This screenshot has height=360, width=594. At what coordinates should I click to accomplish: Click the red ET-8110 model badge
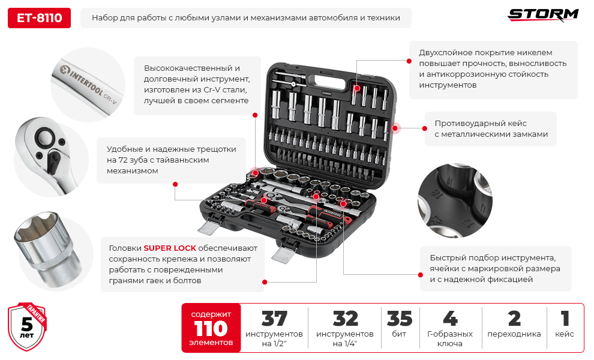tap(39, 18)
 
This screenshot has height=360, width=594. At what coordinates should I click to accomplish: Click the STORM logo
tap(543, 14)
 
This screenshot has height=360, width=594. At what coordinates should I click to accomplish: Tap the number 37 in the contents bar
tap(274, 319)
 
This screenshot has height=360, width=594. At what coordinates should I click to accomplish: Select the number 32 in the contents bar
tap(345, 319)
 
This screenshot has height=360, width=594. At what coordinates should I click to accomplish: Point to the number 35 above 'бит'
tap(400, 319)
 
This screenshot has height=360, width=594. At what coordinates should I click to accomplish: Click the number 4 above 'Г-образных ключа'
tap(449, 319)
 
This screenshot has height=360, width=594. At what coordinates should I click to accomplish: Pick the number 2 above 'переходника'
tap(514, 319)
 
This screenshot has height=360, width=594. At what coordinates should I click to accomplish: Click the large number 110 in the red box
tap(211, 329)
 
